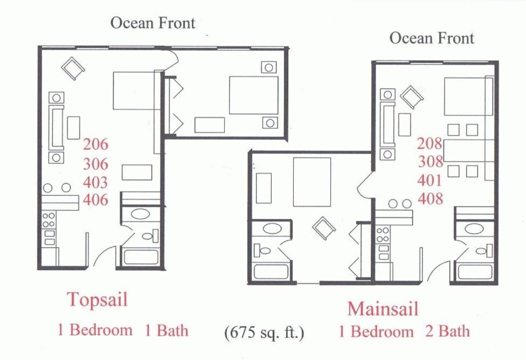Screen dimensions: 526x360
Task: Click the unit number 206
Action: tap(95, 144)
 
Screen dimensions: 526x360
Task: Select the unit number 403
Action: tap(95, 182)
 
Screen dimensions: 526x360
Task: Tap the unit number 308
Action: tap(431, 162)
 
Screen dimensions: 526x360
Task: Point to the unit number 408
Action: tap(431, 199)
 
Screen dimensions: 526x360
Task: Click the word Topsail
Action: tap(98, 299)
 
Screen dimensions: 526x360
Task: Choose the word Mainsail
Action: tap(383, 309)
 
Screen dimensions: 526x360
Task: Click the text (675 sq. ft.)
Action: tap(264, 333)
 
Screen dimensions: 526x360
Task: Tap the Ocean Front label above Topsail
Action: tap(153, 23)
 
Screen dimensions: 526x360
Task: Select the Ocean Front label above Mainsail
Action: tap(432, 38)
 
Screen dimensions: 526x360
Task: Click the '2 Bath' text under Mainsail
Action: tap(447, 331)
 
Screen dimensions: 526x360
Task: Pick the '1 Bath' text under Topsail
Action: tap(167, 330)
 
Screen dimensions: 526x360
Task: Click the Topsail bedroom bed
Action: tap(254, 95)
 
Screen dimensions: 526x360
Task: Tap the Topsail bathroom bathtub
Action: tap(141, 257)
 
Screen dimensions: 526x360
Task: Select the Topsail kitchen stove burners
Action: tap(49, 220)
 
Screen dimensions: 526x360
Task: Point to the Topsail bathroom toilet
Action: tap(150, 235)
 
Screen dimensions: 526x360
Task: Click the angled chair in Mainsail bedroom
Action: tap(324, 228)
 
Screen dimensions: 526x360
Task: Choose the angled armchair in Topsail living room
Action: tap(73, 68)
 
